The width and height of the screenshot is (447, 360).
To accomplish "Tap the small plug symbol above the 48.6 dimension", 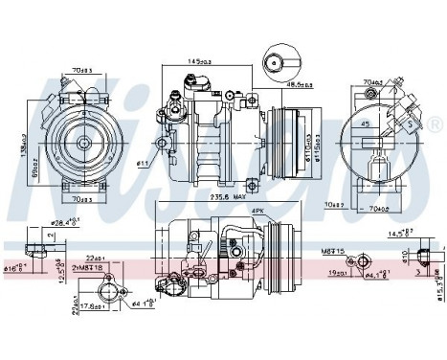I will tap(276, 59).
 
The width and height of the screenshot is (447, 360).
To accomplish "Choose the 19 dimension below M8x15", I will tap(336, 273).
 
